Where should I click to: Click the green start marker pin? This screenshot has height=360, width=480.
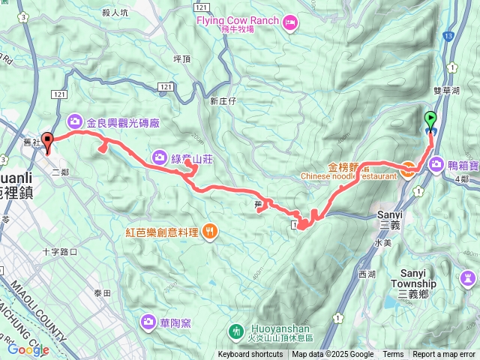click(x=430, y=120)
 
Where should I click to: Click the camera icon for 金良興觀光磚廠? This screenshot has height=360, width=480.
click(x=76, y=121)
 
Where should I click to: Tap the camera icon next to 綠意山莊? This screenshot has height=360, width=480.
click(x=160, y=157)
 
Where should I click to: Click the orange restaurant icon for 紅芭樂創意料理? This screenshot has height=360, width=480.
click(x=210, y=232)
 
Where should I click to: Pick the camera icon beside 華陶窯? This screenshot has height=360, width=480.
click(x=148, y=322)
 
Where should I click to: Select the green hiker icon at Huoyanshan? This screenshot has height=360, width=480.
click(x=236, y=330)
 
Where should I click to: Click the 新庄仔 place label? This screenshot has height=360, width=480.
click(x=223, y=100)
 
